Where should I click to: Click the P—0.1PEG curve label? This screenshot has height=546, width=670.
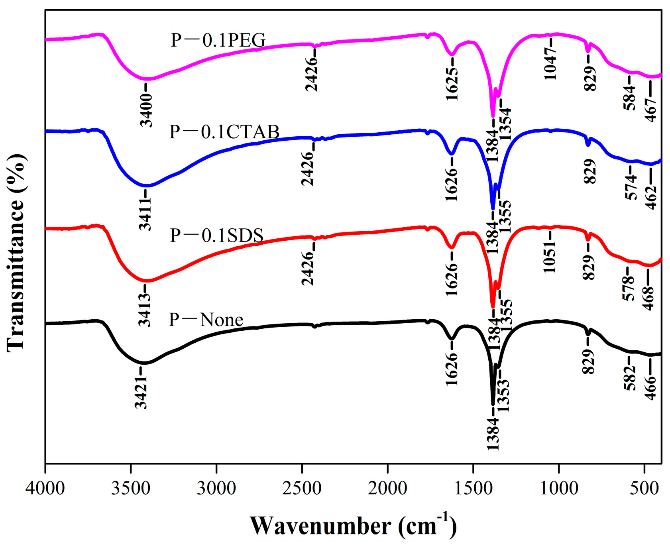(x=218, y=40)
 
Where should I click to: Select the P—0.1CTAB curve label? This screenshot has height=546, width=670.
(x=224, y=132)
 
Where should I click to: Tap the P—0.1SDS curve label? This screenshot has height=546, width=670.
(x=217, y=235)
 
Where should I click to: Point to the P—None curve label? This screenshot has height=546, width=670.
(x=206, y=320)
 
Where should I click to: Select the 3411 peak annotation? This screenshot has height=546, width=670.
(x=146, y=216)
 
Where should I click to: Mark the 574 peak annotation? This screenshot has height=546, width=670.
(x=630, y=188)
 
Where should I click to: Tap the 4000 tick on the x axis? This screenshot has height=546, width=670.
(x=45, y=488)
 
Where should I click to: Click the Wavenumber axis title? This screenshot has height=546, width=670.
(x=352, y=526)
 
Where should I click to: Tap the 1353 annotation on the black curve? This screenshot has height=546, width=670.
(x=503, y=395)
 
